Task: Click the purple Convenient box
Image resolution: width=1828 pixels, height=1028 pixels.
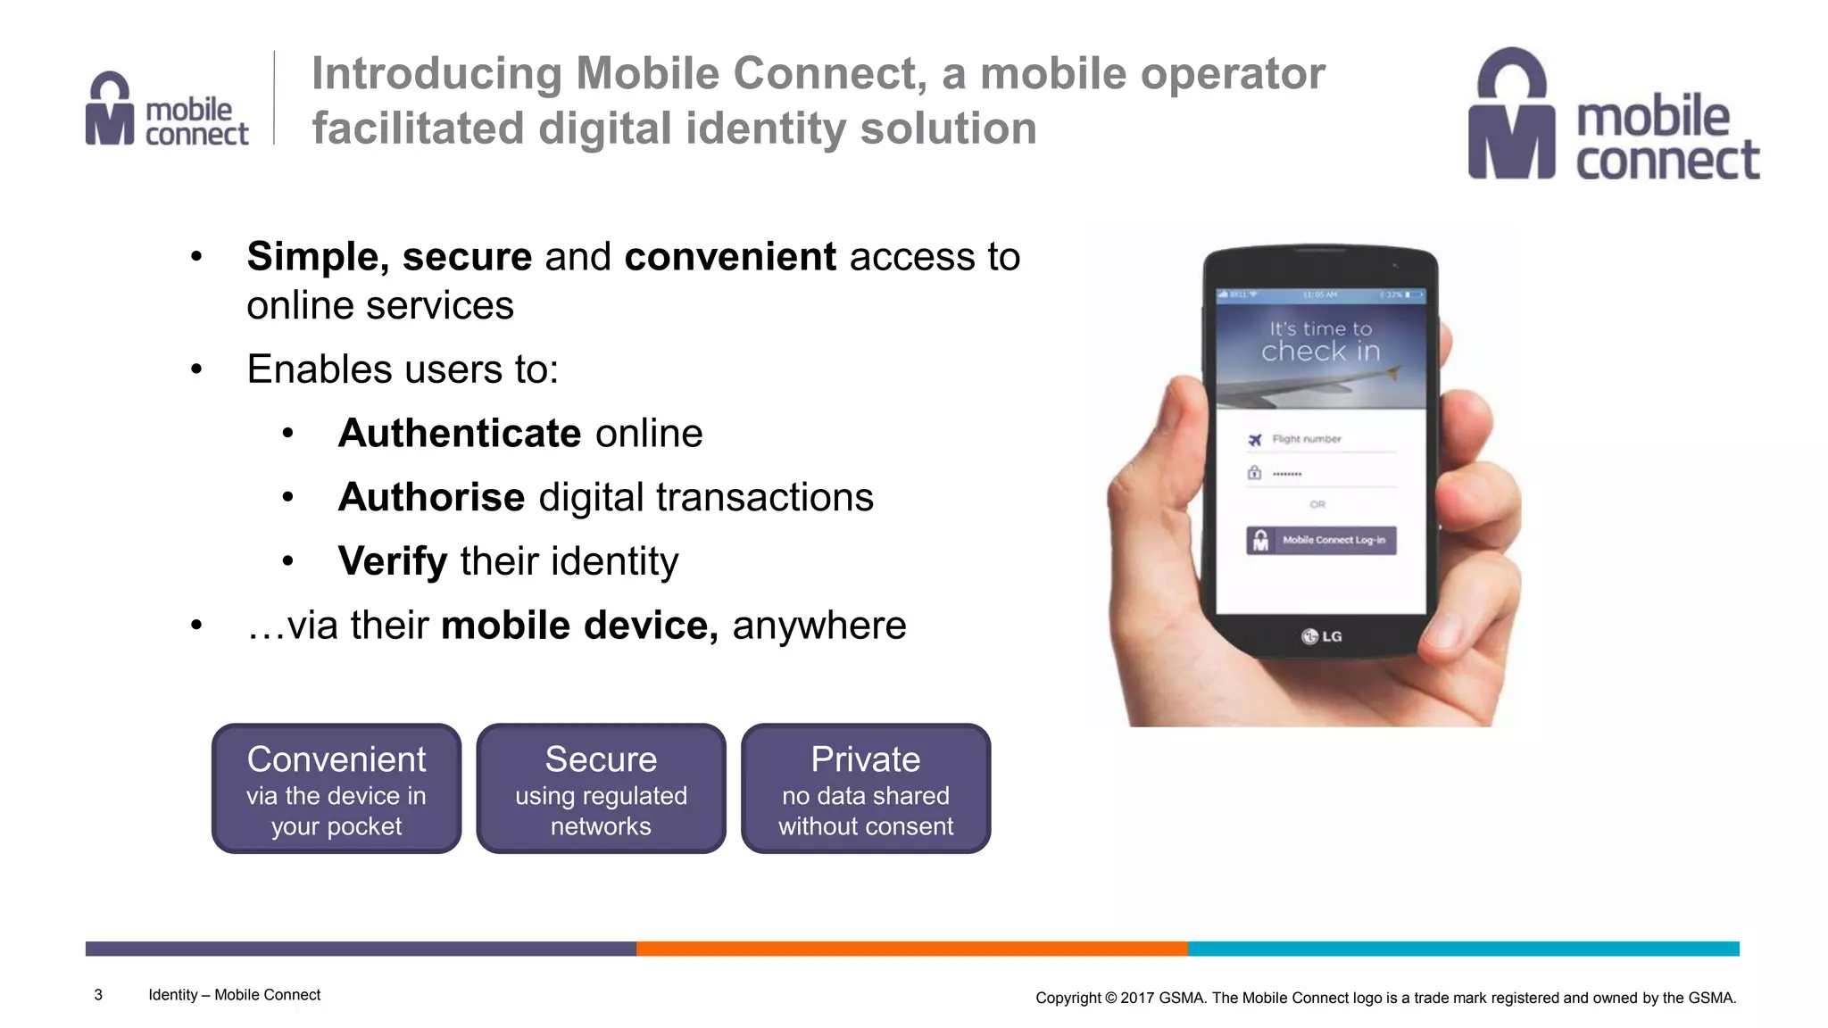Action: pos(337,788)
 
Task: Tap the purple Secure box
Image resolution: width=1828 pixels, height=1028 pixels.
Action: pos(601,788)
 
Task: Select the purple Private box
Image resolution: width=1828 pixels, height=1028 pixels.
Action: pos(866,788)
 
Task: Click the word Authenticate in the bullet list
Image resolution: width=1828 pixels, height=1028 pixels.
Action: pos(460,434)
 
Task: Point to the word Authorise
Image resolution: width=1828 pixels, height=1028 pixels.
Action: pos(431,497)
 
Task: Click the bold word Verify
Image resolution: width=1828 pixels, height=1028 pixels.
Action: pos(393,561)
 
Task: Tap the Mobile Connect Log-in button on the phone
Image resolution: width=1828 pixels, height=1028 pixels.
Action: pos(1321,540)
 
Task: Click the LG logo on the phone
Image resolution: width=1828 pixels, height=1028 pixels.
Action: pos(1321,636)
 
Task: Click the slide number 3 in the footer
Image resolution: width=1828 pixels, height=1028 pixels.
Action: pos(98,995)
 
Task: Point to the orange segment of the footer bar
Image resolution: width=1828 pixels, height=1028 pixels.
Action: pos(911,949)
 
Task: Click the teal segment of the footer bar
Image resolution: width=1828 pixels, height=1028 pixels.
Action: pos(1463,949)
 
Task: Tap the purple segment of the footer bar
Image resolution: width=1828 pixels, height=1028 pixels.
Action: pos(361,949)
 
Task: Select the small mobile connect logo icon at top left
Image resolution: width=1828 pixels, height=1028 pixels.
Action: pos(110,109)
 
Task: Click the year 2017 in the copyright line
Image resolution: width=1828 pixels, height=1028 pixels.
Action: pos(1137,998)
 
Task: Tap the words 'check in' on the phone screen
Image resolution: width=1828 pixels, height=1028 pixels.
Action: pos(1320,352)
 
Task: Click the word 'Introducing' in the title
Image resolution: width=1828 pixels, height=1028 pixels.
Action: pos(436,73)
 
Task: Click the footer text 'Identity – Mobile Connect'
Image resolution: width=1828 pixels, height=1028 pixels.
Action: pos(234,995)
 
